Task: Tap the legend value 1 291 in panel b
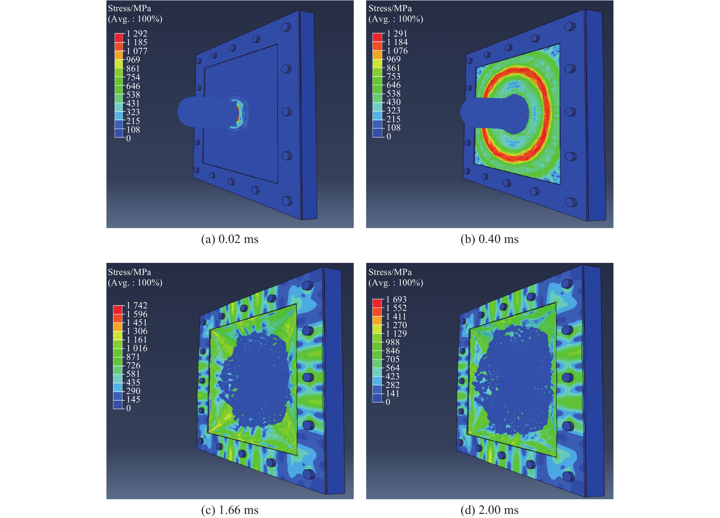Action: click(x=397, y=33)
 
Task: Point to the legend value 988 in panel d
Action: click(x=393, y=342)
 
